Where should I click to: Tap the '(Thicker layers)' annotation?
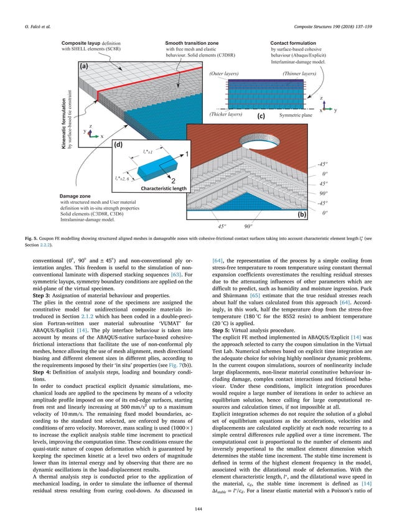point(225,114)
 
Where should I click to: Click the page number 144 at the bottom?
point(198,508)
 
